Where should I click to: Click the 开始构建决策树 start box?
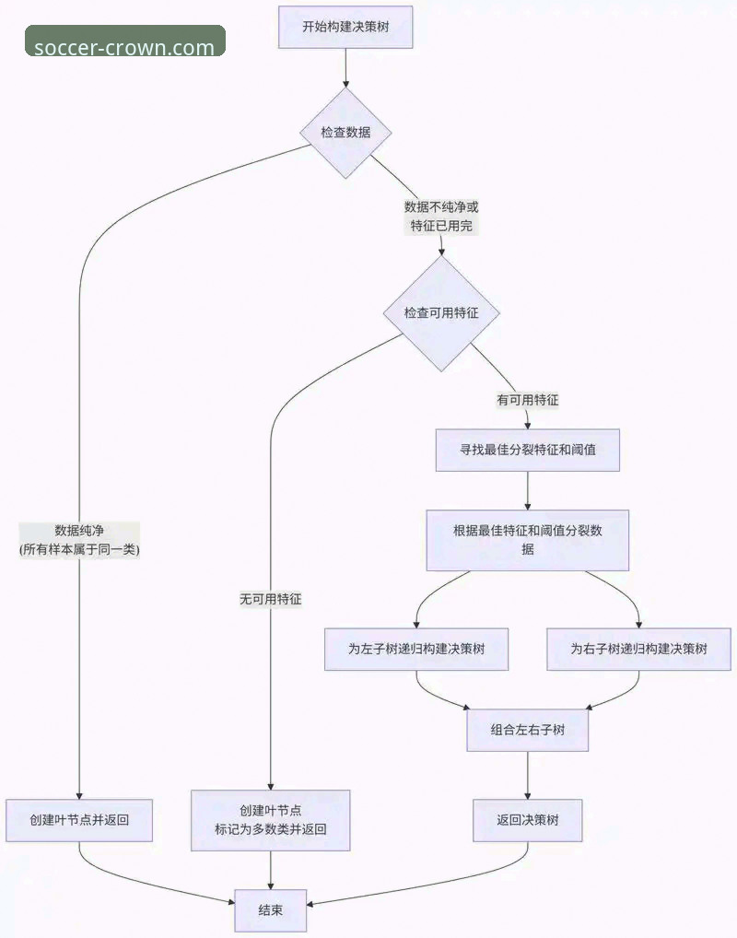coord(345,27)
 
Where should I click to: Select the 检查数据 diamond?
coord(345,133)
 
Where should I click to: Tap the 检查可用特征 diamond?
coord(441,313)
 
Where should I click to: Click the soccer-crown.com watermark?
coord(124,46)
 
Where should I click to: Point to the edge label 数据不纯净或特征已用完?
coord(441,217)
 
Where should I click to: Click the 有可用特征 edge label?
coord(528,401)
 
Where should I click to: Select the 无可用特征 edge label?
coord(271,599)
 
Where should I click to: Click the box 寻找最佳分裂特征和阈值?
coord(527,451)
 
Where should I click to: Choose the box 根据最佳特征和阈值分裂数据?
coord(527,540)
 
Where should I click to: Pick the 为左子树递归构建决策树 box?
coord(416,649)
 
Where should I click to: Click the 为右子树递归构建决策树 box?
coord(638,649)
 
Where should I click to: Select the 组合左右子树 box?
coord(528,730)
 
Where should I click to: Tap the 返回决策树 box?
coord(528,820)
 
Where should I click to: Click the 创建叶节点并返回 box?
coord(79,820)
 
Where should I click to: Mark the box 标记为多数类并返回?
coord(271,820)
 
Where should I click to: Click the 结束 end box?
coord(271,909)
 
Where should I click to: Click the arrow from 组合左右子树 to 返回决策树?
coord(528,776)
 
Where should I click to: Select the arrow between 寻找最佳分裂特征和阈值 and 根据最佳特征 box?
coord(528,491)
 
